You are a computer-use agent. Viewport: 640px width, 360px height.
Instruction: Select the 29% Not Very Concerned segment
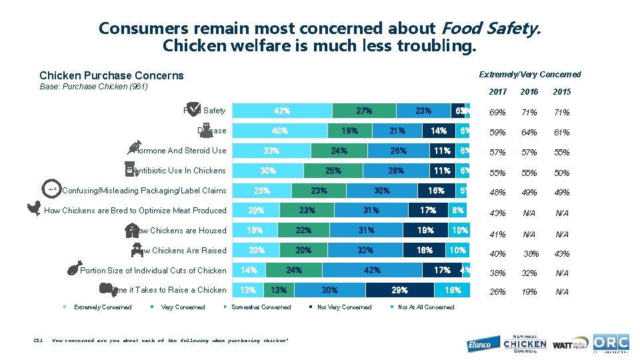coord(399,290)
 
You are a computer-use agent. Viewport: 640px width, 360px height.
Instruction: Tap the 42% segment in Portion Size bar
coord(372,270)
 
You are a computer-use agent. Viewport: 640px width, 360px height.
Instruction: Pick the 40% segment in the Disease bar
coord(279,131)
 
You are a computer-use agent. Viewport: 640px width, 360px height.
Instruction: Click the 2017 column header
coord(498,92)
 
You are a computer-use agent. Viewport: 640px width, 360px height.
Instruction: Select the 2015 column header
coord(562,92)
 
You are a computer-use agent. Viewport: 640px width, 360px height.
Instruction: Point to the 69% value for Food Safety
coord(497,112)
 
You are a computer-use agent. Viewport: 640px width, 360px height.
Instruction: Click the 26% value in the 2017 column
coord(497,292)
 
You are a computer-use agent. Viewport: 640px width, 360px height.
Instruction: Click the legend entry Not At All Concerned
coord(425,307)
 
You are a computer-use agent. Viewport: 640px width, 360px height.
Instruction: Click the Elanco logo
coord(479,343)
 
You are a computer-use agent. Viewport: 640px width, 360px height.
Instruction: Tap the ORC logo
coord(611,343)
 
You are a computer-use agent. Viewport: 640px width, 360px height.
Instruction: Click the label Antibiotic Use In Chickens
coord(179,171)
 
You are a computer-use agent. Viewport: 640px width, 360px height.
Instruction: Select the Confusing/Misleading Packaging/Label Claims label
coord(144,191)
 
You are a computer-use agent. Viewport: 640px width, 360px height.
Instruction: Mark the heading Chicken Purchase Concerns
coord(111,75)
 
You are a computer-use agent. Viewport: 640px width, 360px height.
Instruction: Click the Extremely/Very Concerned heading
coord(530,75)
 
